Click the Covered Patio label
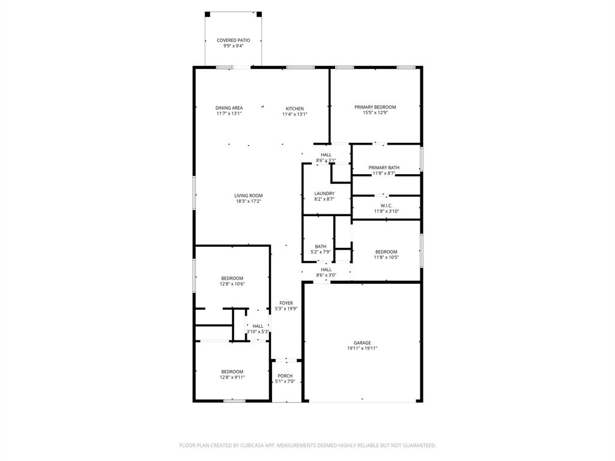tap(233, 40)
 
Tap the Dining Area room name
tap(229, 108)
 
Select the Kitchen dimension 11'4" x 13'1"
tap(294, 114)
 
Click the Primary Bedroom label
tap(375, 107)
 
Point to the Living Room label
tap(248, 196)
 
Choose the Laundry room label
tap(324, 193)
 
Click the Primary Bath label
tap(384, 168)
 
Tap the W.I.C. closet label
tap(386, 205)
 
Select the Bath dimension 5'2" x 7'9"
tap(321, 252)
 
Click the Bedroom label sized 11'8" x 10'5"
tap(386, 252)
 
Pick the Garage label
tap(362, 343)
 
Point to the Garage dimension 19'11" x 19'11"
tap(362, 348)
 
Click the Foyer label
tap(286, 303)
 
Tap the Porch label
tap(285, 376)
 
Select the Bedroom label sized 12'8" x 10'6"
tap(232, 278)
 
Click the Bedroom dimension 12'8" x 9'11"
tap(232, 377)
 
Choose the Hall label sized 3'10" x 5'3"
tap(258, 326)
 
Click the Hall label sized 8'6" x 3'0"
tap(326, 270)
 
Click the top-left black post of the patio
tap(208, 14)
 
